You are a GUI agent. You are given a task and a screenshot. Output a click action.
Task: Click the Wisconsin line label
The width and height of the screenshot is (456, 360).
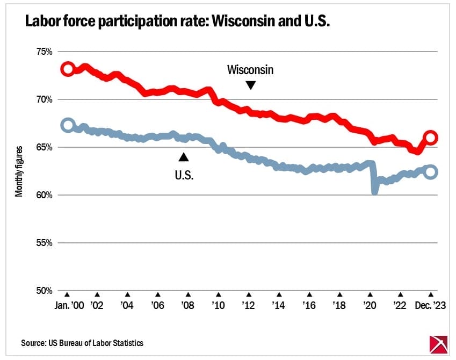(x=250, y=70)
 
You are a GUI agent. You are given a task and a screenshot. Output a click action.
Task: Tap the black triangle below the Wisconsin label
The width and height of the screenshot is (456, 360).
(x=250, y=85)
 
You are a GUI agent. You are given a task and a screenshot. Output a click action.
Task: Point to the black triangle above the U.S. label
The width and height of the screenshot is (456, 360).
(x=184, y=157)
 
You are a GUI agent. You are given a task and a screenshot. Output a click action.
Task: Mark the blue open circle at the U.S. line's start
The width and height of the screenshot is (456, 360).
(x=68, y=125)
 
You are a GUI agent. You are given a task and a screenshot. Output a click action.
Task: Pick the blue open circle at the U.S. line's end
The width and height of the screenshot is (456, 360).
(x=431, y=172)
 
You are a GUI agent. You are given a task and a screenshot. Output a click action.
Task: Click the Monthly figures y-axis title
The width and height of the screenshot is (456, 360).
(x=19, y=171)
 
